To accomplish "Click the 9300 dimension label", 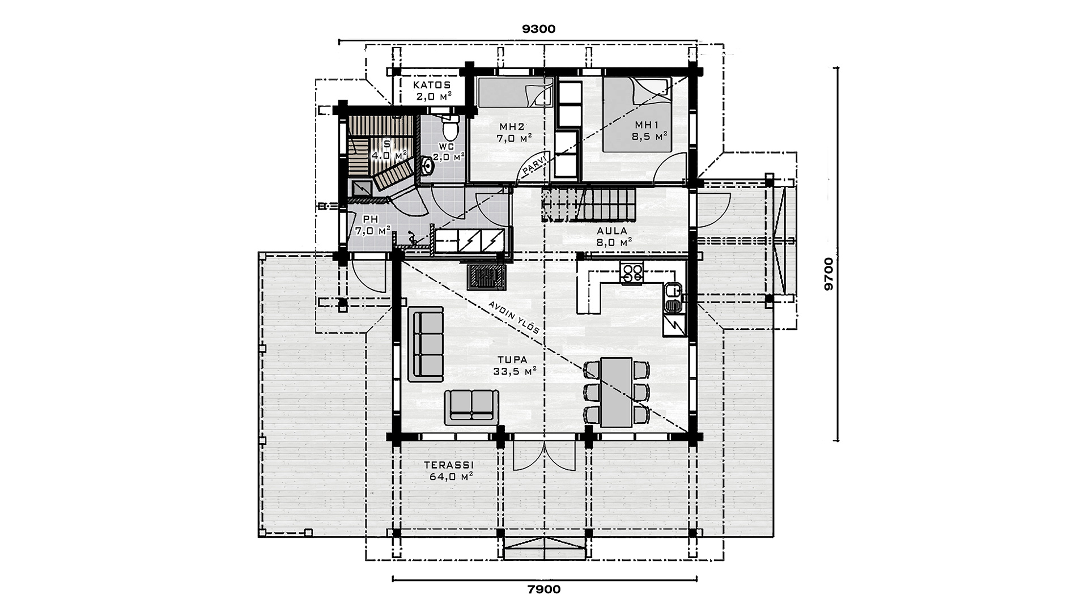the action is (x=539, y=29).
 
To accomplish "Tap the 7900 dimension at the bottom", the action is (x=544, y=589).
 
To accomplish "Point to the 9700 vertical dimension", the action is (x=828, y=274).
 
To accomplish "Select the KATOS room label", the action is (x=432, y=85).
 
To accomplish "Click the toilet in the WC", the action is (x=450, y=127).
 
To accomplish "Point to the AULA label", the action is (x=611, y=231).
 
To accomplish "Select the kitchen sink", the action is (x=673, y=298).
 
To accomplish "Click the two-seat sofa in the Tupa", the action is (x=471, y=407).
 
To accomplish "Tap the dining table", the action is (x=617, y=392).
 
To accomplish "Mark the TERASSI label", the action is (x=449, y=466).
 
